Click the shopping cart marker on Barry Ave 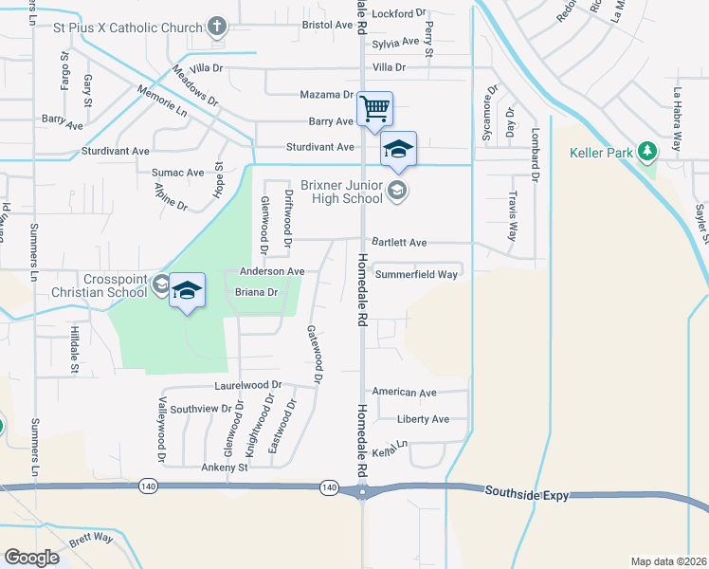(x=375, y=109)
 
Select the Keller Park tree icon (x=647, y=152)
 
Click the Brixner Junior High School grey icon (x=398, y=192)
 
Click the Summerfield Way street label (x=416, y=274)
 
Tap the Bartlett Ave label (x=399, y=243)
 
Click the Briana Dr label (x=256, y=293)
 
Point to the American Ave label (x=404, y=392)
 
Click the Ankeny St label (x=224, y=468)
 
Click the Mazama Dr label (x=326, y=95)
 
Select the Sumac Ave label (x=178, y=173)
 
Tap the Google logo (x=31, y=557)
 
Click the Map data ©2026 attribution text (x=668, y=561)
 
